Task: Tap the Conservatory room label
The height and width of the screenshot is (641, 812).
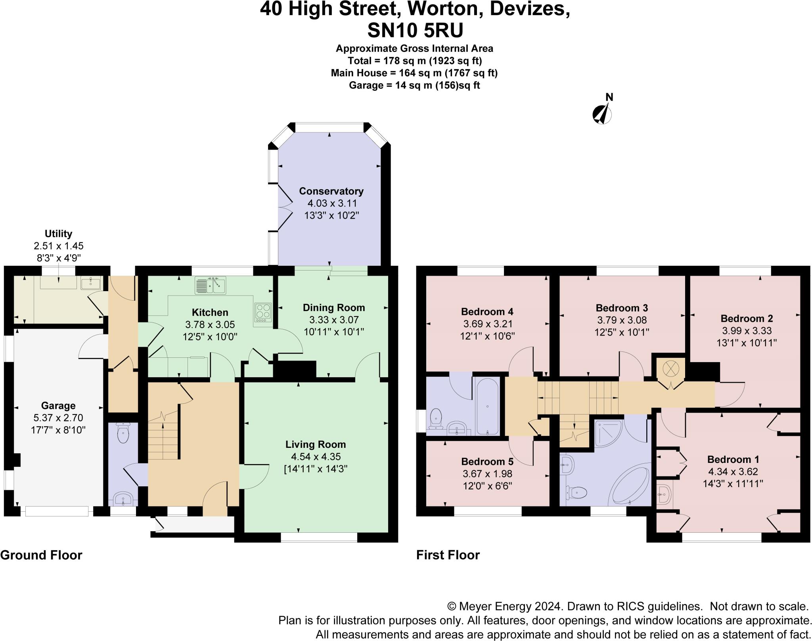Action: [331, 191]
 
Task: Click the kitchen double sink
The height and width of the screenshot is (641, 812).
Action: [210, 285]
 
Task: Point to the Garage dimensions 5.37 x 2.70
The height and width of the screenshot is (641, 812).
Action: [58, 418]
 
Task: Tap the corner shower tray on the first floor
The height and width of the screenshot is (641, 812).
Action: [608, 433]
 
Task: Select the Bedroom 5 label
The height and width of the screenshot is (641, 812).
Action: [487, 462]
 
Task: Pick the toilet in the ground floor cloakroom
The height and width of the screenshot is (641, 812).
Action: [123, 434]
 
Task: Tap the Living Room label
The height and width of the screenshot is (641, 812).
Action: [316, 444]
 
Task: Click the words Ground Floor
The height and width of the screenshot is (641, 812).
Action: [41, 555]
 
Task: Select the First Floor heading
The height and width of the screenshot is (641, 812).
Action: [448, 555]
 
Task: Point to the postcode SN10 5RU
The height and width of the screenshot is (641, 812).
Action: [415, 31]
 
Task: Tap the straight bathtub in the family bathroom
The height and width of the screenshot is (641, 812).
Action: [487, 407]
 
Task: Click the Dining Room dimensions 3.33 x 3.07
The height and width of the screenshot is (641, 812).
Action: [333, 320]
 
